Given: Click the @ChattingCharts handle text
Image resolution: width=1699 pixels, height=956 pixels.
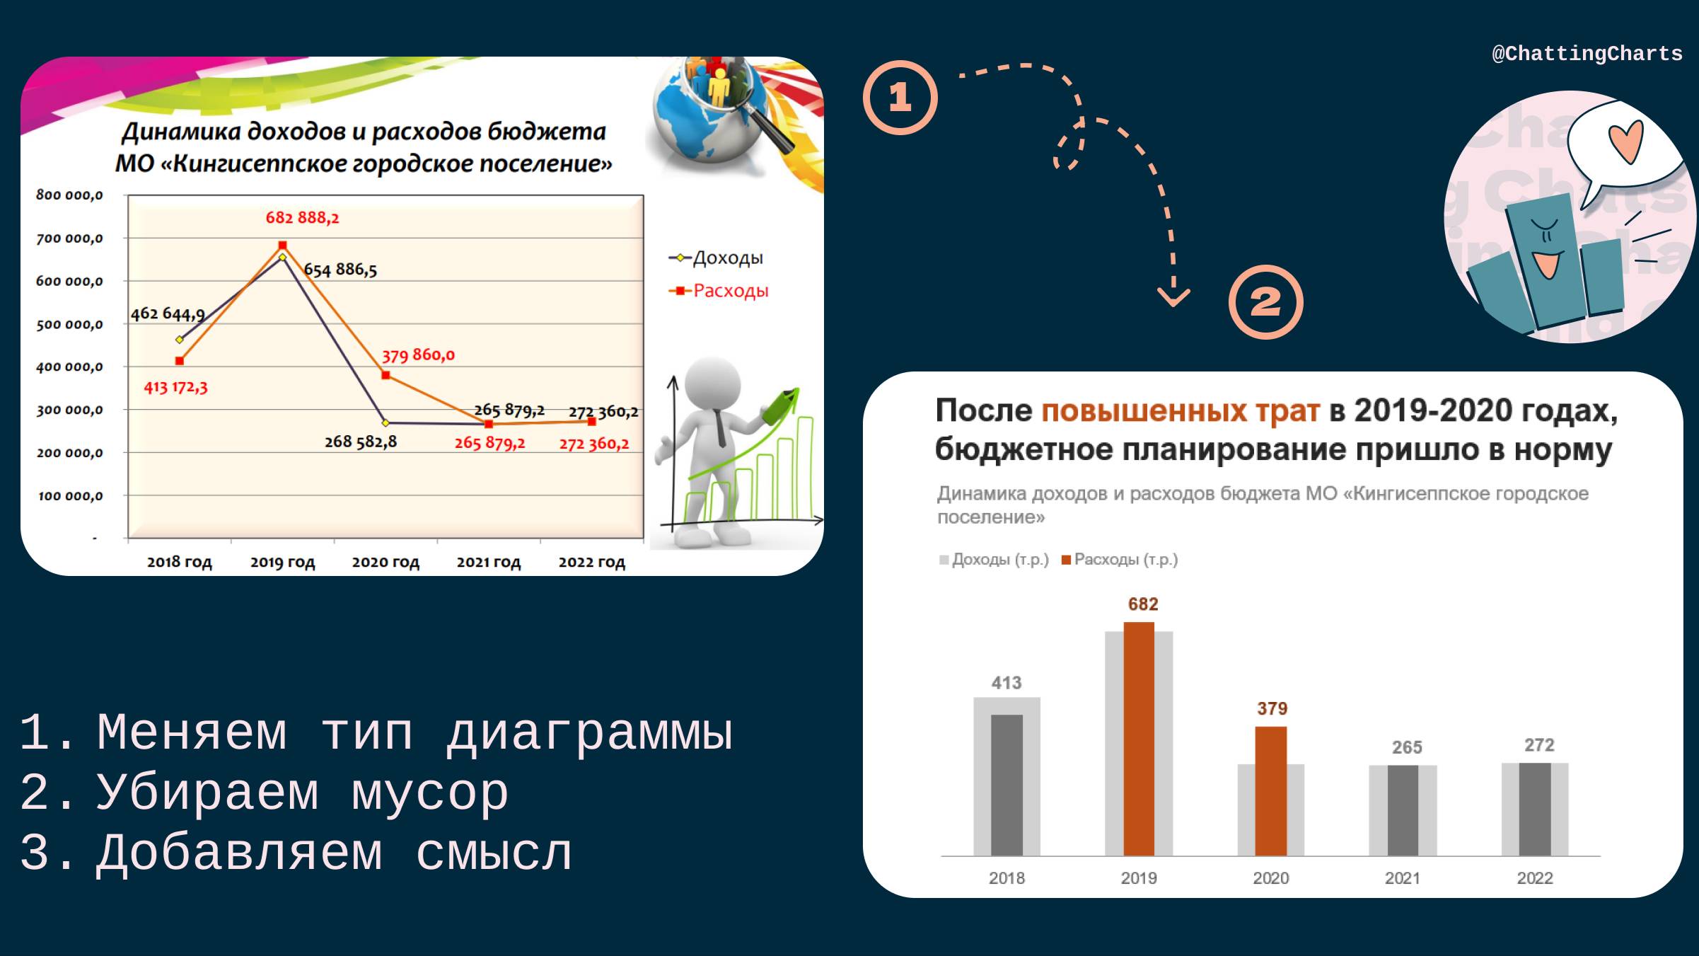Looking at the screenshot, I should click(x=1587, y=54).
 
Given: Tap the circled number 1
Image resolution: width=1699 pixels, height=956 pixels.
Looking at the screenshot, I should click(x=900, y=98).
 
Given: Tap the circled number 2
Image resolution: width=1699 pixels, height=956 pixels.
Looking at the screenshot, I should click(x=1265, y=302).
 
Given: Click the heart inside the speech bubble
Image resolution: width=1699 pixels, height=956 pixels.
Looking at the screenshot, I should click(x=1625, y=142).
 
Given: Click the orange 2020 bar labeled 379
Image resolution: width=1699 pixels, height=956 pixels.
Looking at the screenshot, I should click(x=1270, y=790).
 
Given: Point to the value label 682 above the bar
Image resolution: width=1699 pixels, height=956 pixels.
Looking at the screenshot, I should click(x=1142, y=604).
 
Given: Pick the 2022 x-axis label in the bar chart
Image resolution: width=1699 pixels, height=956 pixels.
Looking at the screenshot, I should click(x=1534, y=878).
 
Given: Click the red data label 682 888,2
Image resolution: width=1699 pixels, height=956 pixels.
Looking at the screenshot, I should click(x=302, y=218).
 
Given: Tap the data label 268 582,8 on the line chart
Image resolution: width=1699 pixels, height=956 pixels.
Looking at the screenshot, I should click(x=361, y=442).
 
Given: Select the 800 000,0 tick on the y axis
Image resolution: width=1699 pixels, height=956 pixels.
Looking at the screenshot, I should click(x=69, y=195).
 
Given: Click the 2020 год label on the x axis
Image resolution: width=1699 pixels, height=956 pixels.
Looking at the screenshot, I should click(x=385, y=563).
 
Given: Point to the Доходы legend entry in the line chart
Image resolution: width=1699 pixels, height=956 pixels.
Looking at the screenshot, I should click(x=716, y=258).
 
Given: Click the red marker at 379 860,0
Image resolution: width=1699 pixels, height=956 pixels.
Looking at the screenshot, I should click(x=385, y=375).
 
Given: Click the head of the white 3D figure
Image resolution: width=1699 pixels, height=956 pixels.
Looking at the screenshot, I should click(x=713, y=383).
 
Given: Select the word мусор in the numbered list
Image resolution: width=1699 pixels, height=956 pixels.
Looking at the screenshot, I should click(x=429, y=793).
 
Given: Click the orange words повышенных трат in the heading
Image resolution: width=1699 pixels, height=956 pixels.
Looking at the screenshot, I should click(x=1180, y=410).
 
